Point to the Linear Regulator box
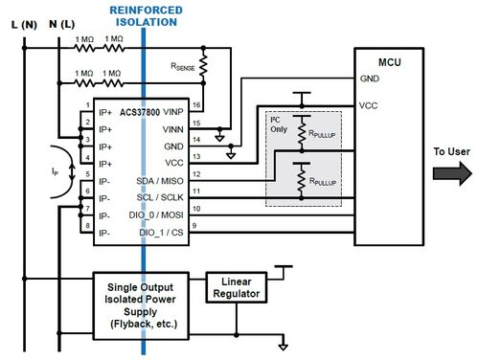coord(236,284)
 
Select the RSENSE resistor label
coord(187,67)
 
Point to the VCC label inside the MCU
coord(369,104)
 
